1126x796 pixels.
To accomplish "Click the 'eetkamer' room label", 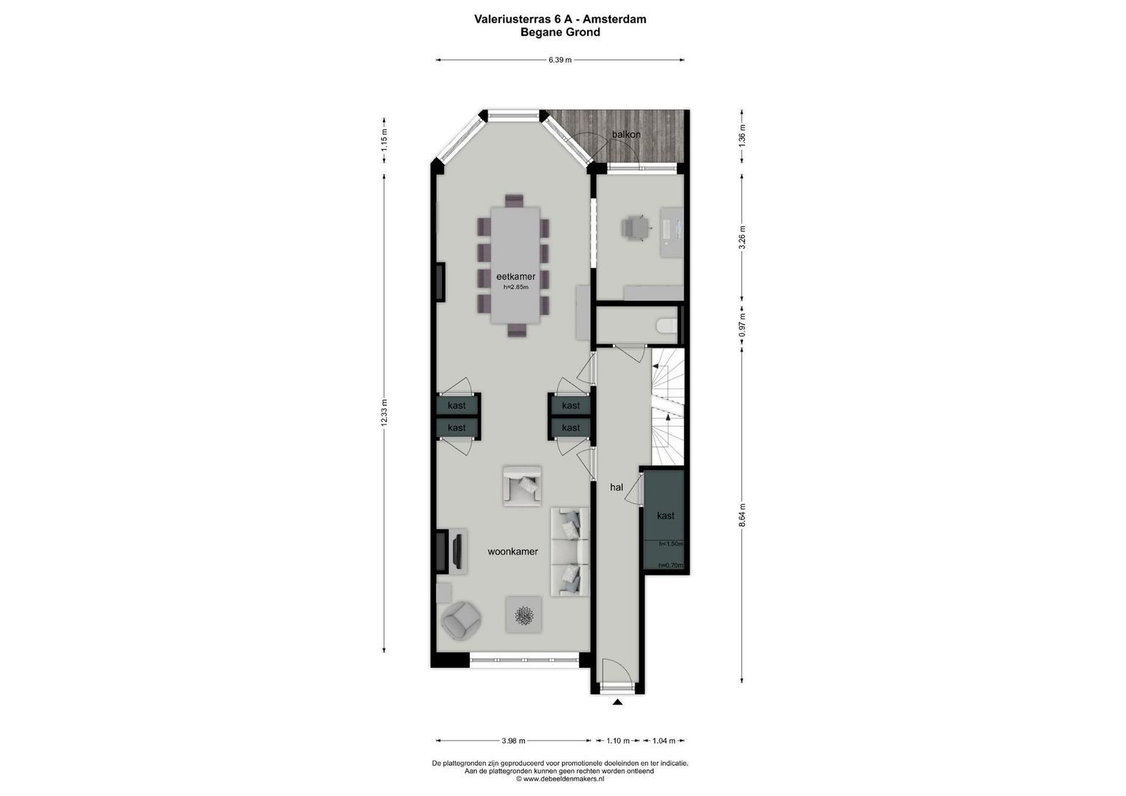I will pos(515,276).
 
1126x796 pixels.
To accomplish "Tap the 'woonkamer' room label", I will pos(512,551).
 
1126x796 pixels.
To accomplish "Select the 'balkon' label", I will pos(626,134).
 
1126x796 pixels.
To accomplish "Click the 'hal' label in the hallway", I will pos(616,487).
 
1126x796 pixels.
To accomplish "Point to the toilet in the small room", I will pos(666,327).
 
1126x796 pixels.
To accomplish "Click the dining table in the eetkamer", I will pos(515,264).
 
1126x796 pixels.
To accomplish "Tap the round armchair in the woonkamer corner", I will pos(461,620).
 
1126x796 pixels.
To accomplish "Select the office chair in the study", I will pos(636,227).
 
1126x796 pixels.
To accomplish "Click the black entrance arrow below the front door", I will pos(617,702).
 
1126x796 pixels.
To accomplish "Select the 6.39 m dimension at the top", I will pos(560,60).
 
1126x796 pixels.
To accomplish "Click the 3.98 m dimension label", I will pos(513,741).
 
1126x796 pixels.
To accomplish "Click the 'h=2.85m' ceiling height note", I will pos(516,287).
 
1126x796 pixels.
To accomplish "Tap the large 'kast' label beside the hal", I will pos(665,516).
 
